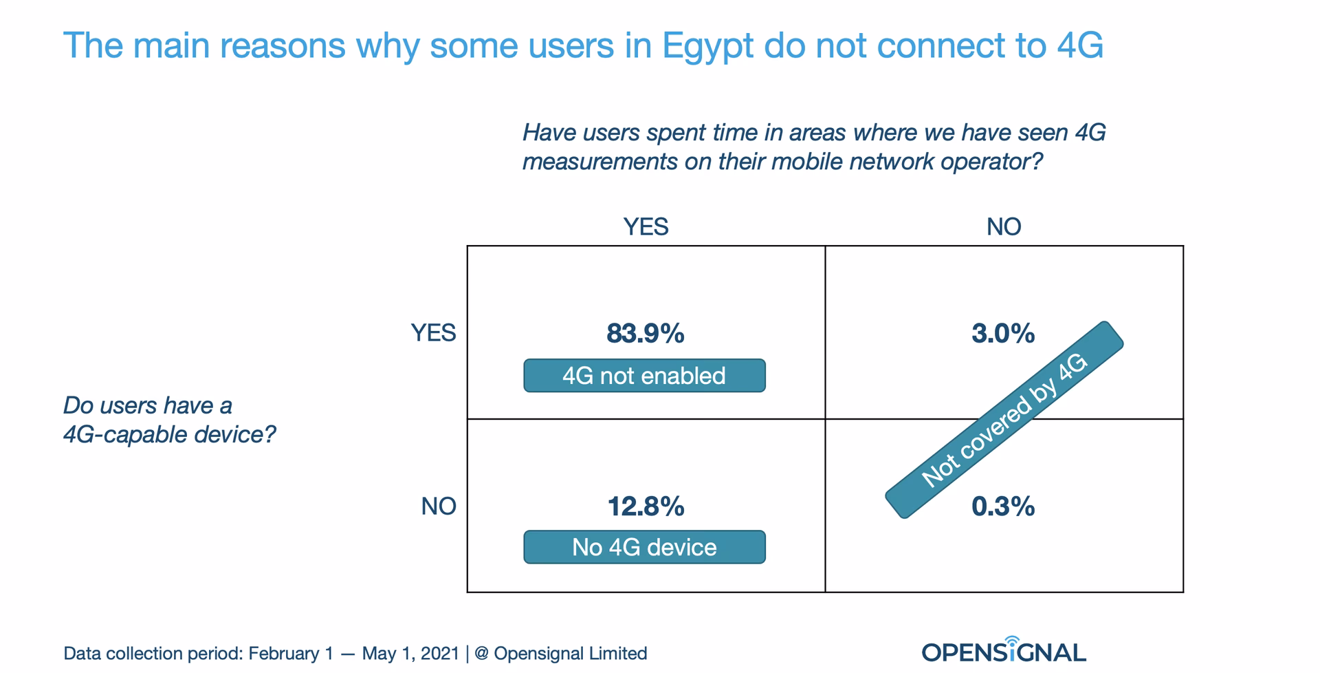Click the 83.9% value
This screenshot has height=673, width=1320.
pyautogui.click(x=645, y=334)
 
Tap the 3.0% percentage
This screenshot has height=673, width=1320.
pyautogui.click(x=1002, y=334)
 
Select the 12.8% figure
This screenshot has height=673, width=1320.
pyautogui.click(x=645, y=507)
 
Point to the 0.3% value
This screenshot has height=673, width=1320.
pyautogui.click(x=1002, y=507)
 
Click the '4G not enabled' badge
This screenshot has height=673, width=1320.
pyautogui.click(x=644, y=376)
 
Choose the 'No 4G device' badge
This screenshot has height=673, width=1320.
pyautogui.click(x=644, y=548)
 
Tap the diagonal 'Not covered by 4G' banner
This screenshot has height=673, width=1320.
pyautogui.click(x=1004, y=420)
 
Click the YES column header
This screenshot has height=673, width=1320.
pyautogui.click(x=646, y=226)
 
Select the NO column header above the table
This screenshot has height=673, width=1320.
pyautogui.click(x=1004, y=226)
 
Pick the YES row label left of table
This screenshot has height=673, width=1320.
pyautogui.click(x=433, y=333)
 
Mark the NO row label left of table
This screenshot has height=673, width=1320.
pyautogui.click(x=439, y=506)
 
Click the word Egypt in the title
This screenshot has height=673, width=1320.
pyautogui.click(x=707, y=45)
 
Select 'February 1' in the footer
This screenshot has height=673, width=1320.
pyautogui.click(x=291, y=653)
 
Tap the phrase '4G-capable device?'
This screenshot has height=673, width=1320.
pyautogui.click(x=169, y=435)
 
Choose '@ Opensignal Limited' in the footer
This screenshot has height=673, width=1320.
pyautogui.click(x=560, y=653)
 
